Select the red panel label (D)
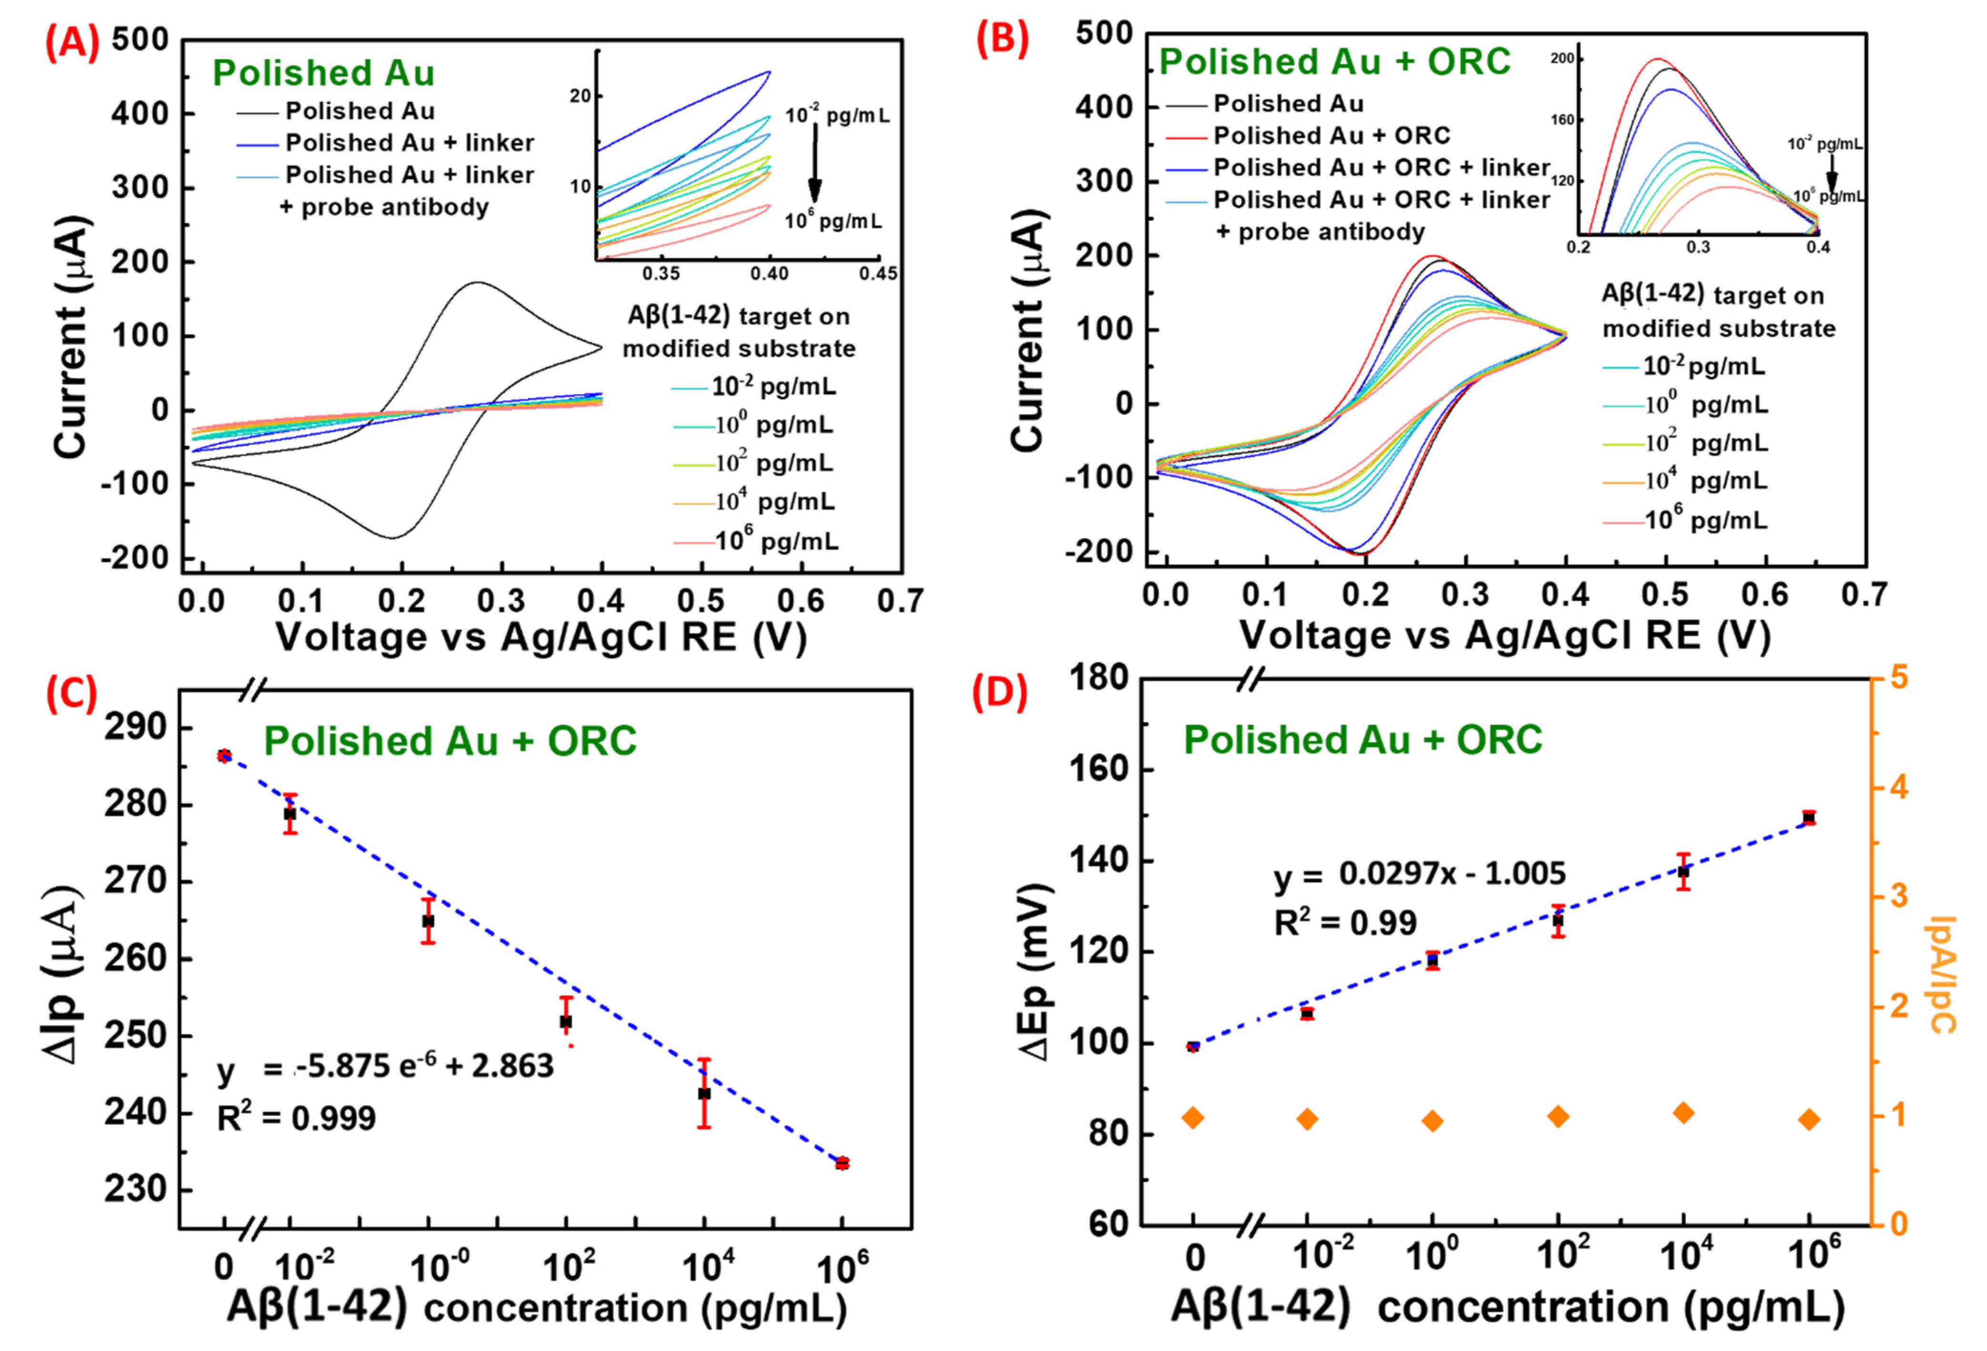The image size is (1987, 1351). (1000, 694)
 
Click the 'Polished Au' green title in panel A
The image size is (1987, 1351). (323, 73)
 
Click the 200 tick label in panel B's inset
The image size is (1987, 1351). (1562, 59)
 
